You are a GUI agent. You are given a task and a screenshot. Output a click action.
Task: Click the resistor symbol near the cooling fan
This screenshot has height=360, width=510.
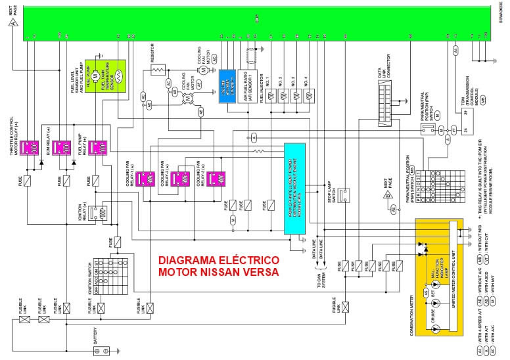point(158,69)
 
